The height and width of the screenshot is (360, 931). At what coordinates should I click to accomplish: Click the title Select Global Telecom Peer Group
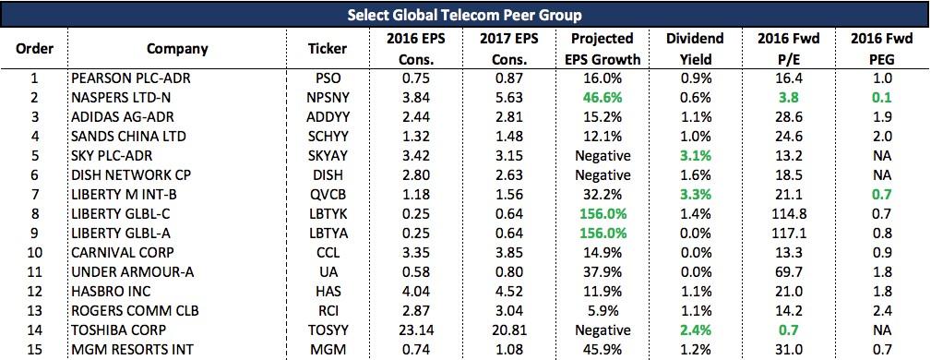(465, 15)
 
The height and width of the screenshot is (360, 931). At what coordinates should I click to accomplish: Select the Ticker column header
(328, 49)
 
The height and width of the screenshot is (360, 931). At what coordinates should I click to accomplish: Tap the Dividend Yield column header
(695, 49)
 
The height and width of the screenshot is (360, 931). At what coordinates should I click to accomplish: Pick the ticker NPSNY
(328, 98)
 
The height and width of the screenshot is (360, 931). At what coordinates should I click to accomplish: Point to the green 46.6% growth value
(603, 98)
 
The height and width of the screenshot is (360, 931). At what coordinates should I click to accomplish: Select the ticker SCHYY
(328, 136)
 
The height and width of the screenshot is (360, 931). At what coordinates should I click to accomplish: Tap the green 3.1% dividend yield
(695, 156)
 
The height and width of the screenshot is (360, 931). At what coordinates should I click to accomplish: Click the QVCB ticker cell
(328, 194)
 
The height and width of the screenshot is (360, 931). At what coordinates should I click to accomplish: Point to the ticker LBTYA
(328, 234)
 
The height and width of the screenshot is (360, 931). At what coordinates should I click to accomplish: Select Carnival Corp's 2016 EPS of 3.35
(415, 253)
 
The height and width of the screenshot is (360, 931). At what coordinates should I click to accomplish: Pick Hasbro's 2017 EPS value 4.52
(508, 292)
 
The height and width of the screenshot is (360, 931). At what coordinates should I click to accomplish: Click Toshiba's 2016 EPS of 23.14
(415, 330)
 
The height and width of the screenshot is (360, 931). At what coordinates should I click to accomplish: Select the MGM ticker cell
(328, 350)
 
